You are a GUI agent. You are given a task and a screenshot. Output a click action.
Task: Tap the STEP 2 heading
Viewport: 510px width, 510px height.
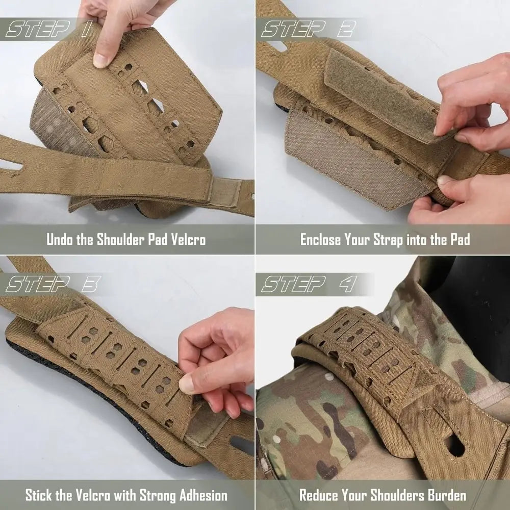tap(307, 30)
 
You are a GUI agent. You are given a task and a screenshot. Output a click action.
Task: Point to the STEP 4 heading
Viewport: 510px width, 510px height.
tap(309, 284)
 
